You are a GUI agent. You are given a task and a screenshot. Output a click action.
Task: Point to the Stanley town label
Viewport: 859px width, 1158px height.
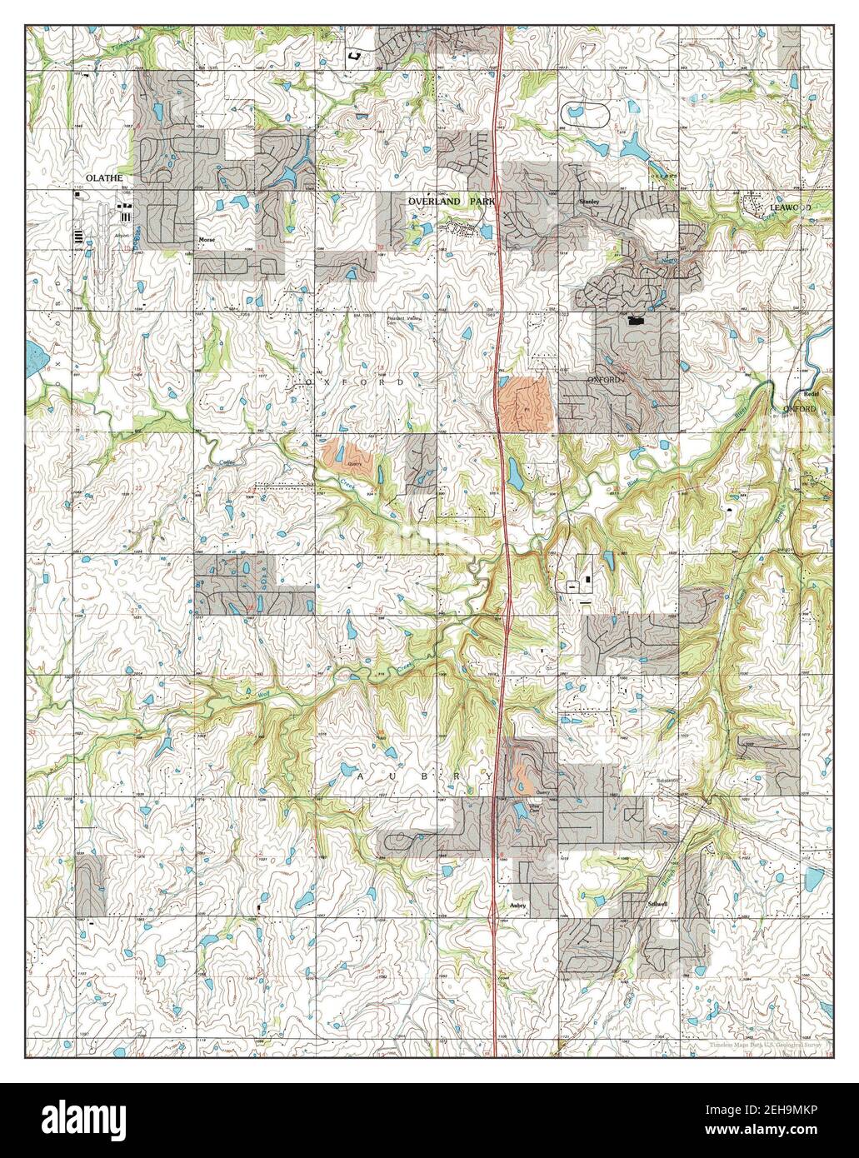click(589, 202)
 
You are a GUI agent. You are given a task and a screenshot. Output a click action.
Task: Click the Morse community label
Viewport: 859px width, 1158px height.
click(207, 239)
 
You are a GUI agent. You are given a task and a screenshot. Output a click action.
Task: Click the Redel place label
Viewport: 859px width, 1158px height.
click(812, 394)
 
